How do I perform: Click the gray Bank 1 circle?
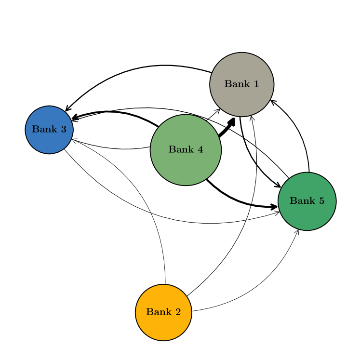(241, 84)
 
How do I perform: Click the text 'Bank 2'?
(163, 312)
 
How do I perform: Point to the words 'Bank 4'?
(186, 150)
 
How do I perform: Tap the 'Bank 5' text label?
(307, 201)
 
